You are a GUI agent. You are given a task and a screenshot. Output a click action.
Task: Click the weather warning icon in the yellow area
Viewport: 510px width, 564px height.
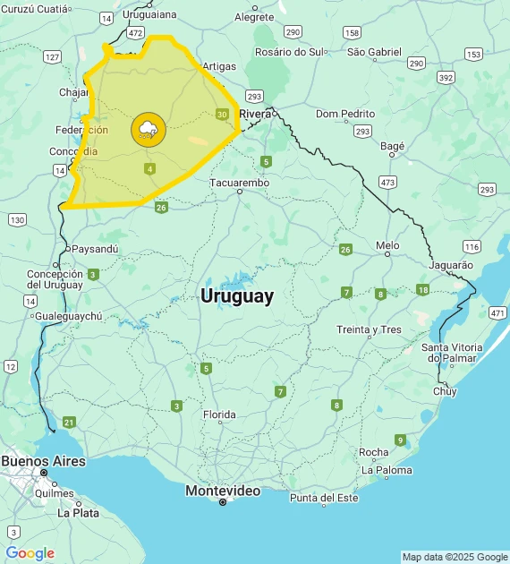click(x=148, y=131)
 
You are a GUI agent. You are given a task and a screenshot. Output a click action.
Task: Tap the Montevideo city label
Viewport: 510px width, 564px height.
click(x=223, y=491)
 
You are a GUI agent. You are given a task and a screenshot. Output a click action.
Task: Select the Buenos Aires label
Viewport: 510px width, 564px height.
click(x=43, y=461)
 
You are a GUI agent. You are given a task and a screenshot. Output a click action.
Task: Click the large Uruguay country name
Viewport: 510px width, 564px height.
click(x=237, y=296)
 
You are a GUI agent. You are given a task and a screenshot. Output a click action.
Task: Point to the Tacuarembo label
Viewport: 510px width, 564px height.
click(x=239, y=183)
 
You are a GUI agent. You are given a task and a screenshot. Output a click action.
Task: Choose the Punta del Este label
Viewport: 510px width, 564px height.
click(x=324, y=498)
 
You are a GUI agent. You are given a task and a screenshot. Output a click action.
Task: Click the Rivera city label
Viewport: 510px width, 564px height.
click(x=255, y=114)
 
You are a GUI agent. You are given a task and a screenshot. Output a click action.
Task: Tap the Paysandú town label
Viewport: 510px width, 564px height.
click(x=94, y=248)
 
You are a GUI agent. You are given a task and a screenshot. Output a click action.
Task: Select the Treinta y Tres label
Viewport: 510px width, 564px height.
click(x=369, y=329)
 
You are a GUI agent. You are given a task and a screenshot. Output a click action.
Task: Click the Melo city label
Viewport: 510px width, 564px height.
click(x=387, y=244)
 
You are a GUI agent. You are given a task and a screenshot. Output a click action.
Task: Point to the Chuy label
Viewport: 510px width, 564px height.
click(x=445, y=391)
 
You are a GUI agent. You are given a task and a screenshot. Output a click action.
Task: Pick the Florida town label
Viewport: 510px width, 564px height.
click(x=219, y=414)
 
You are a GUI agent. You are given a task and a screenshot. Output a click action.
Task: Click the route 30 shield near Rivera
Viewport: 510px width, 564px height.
click(x=222, y=114)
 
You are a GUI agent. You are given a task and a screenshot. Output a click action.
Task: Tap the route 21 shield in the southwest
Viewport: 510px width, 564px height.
click(x=69, y=422)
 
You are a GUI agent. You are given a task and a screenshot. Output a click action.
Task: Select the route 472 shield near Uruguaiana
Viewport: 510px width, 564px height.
click(x=135, y=32)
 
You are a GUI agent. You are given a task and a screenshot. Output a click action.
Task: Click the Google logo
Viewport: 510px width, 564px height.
click(x=30, y=553)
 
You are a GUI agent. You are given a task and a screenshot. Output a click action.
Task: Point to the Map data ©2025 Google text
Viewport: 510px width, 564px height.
click(x=454, y=557)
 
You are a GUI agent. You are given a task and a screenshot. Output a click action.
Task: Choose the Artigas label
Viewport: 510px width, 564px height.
click(x=219, y=66)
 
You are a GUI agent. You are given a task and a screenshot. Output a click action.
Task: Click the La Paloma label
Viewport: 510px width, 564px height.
click(x=387, y=470)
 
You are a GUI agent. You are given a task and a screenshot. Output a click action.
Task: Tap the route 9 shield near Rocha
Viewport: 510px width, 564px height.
click(x=400, y=440)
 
